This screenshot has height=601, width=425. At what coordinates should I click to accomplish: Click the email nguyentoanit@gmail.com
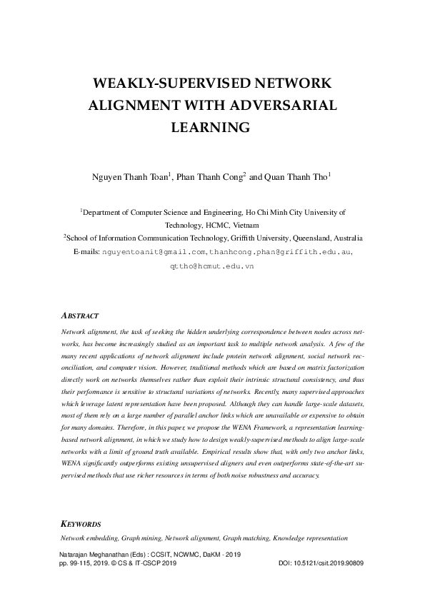point(154,253)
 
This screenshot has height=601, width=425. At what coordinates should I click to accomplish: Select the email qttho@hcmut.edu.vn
point(211,266)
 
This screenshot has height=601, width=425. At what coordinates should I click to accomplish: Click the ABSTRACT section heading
point(80,315)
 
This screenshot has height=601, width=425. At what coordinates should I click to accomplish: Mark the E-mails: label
point(87,253)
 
